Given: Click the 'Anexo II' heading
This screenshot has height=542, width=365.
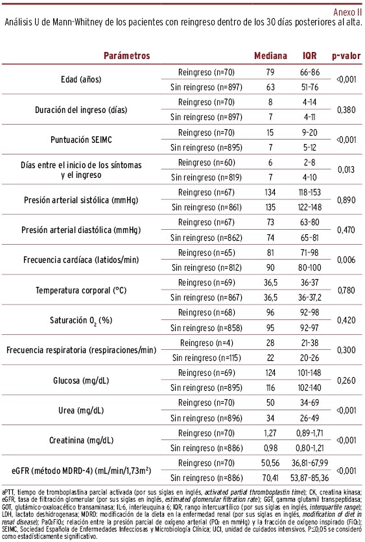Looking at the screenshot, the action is pos(347,12).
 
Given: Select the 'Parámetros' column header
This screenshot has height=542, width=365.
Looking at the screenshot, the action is pos(126,56).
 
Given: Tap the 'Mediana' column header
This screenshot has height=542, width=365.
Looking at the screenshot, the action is pos(270,56).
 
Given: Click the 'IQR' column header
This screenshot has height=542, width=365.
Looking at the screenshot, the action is pos(309,56).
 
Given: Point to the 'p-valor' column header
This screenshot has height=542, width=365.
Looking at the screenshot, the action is pos(346,56).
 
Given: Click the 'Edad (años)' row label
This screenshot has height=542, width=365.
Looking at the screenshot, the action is pos(81,79).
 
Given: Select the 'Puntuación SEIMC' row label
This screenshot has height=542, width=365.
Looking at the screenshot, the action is pos(81,140).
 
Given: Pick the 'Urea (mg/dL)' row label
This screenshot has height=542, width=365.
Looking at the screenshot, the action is pos(81,410).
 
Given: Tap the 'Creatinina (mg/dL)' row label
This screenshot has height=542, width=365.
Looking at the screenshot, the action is pos(81,440).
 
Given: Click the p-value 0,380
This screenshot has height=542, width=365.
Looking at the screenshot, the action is pos(346,110).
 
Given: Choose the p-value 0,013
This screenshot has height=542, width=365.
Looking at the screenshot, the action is pos(346,169).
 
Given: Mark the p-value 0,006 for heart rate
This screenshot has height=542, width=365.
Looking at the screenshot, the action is pos(346,260).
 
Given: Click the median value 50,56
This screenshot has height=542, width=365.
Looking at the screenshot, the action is pos(270,463).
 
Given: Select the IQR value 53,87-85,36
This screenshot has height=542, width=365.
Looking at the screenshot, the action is pos(309,478).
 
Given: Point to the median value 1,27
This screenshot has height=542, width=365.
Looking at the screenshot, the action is pos(270,433).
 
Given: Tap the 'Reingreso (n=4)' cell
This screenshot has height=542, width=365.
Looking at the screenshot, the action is pos(207,343).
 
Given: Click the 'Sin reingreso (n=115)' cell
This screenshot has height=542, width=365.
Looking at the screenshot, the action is pos(207,358).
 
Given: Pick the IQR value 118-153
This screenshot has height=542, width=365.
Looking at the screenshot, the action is pos(310,192).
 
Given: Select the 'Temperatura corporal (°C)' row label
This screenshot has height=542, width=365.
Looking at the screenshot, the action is pos(81,290).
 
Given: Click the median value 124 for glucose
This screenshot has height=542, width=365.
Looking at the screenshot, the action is pos(270,373).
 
